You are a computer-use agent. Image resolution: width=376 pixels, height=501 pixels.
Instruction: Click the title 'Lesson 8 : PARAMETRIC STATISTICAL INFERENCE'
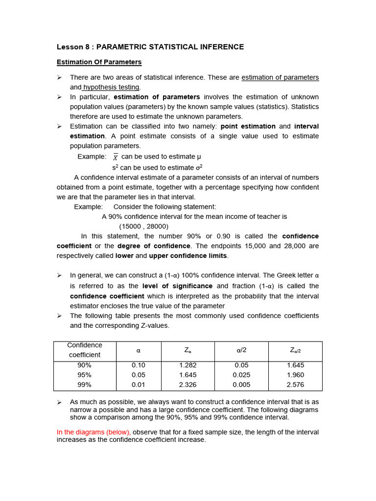pyautogui.click(x=150, y=47)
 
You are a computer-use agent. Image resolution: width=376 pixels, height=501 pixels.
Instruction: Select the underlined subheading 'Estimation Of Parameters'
pyautogui.click(x=99, y=62)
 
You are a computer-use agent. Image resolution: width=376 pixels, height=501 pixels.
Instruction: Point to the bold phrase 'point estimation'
pyautogui.click(x=248, y=126)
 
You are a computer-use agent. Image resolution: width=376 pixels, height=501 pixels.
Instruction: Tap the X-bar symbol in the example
pyautogui.click(x=116, y=157)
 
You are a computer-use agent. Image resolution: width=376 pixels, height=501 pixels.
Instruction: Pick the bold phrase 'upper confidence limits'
pyautogui.click(x=188, y=256)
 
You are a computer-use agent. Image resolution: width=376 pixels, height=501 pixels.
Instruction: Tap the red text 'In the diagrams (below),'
pyautogui.click(x=94, y=432)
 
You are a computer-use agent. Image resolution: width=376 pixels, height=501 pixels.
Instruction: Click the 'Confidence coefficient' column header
pyautogui.click(x=85, y=350)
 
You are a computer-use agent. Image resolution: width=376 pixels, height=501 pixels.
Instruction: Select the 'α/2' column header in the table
pyautogui.click(x=241, y=350)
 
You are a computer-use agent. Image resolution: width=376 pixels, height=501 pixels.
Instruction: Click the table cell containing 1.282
pyautogui.click(x=188, y=365)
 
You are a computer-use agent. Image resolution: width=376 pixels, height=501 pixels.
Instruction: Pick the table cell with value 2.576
pyautogui.click(x=295, y=385)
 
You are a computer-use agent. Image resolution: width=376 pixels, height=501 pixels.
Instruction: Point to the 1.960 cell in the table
pyautogui.click(x=295, y=375)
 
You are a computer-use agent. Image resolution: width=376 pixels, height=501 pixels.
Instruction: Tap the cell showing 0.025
pyautogui.click(x=241, y=375)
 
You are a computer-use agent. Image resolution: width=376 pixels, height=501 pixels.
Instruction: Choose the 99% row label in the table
pyautogui.click(x=85, y=385)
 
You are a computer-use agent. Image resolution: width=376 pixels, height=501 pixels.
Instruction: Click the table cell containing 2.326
pyautogui.click(x=188, y=385)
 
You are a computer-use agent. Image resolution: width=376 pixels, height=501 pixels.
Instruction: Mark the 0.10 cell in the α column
pyautogui.click(x=139, y=365)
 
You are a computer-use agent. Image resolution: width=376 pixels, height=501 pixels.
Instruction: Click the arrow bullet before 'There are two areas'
pyautogui.click(x=59, y=77)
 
